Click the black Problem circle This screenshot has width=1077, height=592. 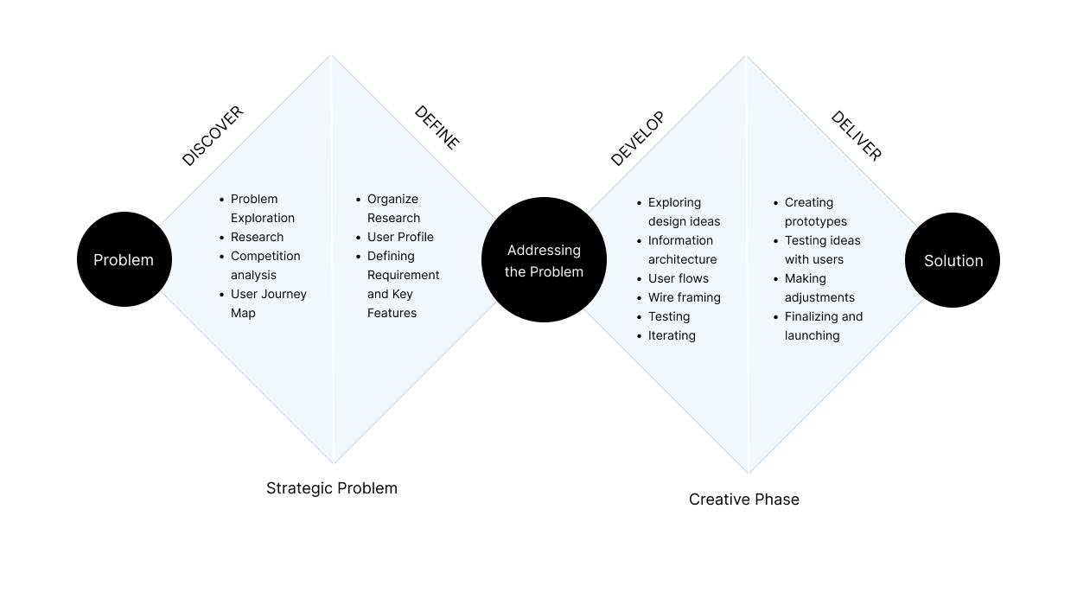[x=124, y=259]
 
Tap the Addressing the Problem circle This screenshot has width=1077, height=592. [x=544, y=260]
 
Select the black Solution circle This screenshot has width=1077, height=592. [x=953, y=260]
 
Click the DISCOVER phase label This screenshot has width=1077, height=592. [x=213, y=137]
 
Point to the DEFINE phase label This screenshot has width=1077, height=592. [x=437, y=128]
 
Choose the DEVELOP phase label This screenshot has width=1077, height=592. [x=637, y=138]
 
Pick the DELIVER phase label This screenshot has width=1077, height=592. [x=856, y=136]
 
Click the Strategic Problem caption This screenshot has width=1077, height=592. [x=332, y=488]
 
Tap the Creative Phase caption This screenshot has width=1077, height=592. [x=744, y=500]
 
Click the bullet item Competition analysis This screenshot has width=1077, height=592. [x=265, y=265]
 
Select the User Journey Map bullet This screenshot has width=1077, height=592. [x=268, y=303]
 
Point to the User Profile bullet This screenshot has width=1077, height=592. [x=400, y=237]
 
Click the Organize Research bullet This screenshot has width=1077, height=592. [x=393, y=208]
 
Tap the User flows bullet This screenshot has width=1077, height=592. [x=679, y=278]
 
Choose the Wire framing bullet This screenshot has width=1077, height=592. [x=684, y=297]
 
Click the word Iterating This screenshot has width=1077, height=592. [x=672, y=335]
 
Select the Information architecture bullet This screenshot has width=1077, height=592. [x=682, y=250]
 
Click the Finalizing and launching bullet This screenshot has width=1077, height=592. [x=823, y=326]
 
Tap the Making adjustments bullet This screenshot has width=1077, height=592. [x=819, y=288]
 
